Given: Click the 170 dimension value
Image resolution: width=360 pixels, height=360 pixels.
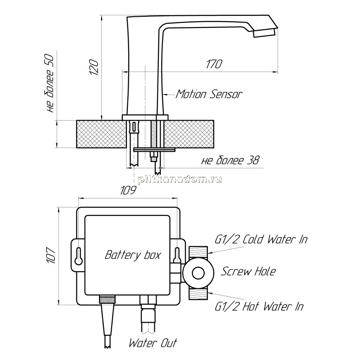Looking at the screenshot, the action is pyautogui.click(x=214, y=64).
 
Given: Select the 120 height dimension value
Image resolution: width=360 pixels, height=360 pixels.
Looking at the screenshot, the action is pyautogui.click(x=94, y=67).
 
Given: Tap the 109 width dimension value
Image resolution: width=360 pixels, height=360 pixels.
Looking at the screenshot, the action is pyautogui.click(x=128, y=190).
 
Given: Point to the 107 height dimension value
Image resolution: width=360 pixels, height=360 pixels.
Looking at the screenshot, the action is pyautogui.click(x=51, y=255).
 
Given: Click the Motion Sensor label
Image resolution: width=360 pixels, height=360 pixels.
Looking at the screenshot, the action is pyautogui.click(x=209, y=94).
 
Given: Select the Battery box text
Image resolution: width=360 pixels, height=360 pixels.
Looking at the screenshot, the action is pyautogui.click(x=133, y=255).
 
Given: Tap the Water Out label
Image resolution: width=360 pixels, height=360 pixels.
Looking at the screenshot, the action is pyautogui.click(x=153, y=343).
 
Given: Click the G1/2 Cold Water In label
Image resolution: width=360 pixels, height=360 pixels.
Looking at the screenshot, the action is pyautogui.click(x=261, y=239).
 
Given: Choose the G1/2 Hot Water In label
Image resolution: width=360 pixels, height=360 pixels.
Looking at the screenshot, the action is pyautogui.click(x=259, y=306).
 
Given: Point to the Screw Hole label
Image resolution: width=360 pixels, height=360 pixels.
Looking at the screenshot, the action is pyautogui.click(x=248, y=271).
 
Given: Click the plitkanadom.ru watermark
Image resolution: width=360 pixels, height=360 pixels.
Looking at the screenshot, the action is pyautogui.click(x=180, y=179).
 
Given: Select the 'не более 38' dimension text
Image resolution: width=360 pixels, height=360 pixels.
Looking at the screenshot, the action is pyautogui.click(x=230, y=160).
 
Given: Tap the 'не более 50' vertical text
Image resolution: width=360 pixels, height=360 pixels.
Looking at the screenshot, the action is pyautogui.click(x=49, y=84).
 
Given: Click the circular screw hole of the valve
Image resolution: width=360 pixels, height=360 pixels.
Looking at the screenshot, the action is pyautogui.click(x=198, y=273).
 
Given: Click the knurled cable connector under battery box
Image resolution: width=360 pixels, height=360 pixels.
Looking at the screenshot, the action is pyautogui.click(x=107, y=299).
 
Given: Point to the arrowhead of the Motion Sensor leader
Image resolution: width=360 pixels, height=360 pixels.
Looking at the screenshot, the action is pyautogui.click(x=165, y=94).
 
